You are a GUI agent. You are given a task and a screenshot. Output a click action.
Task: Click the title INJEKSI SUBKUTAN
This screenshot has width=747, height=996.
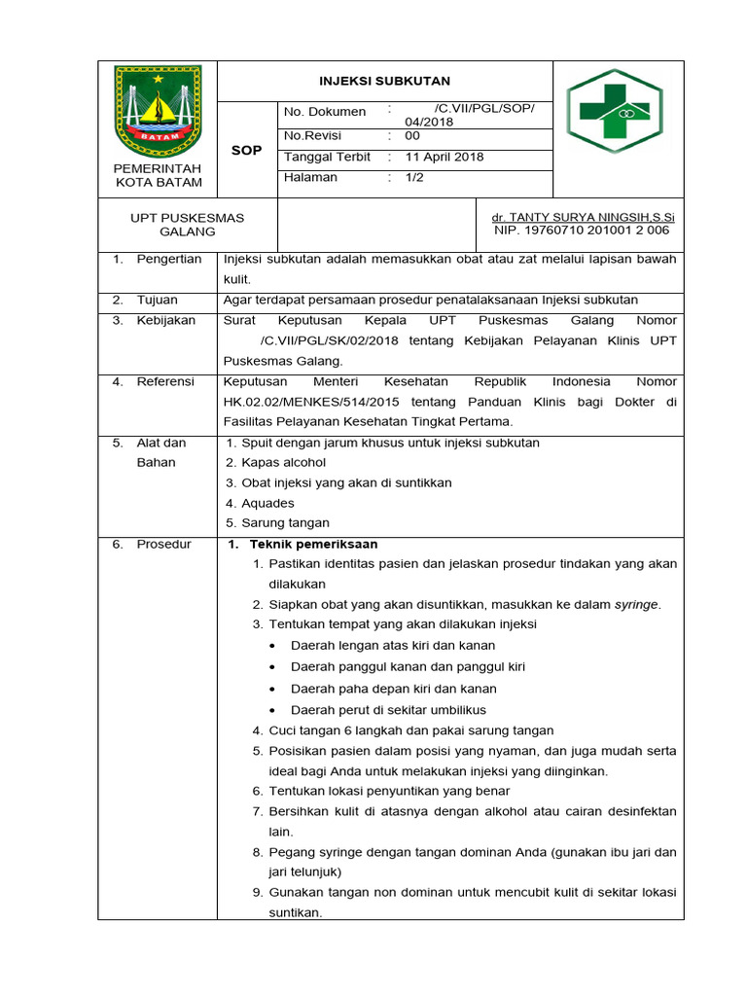[x=385, y=81]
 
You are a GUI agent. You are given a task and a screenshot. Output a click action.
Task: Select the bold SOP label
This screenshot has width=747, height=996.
[x=246, y=151]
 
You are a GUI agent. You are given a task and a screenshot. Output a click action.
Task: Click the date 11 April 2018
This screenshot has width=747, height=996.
[x=445, y=157]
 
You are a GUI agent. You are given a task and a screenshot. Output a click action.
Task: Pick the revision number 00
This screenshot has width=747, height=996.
[x=412, y=136]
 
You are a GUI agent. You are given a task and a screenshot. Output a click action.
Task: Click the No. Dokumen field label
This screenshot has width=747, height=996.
[x=325, y=112]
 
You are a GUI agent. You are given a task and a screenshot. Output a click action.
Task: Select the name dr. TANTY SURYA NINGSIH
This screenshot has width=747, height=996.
[x=584, y=218]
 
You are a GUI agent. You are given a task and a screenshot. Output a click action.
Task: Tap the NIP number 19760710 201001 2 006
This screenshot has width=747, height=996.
[x=582, y=231]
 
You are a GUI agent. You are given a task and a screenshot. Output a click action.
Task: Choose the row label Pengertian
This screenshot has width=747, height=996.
[x=169, y=260]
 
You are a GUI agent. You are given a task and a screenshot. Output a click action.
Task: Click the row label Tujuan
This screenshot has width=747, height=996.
[x=159, y=301]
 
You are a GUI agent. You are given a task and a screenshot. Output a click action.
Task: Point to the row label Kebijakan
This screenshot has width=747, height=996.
[x=166, y=320]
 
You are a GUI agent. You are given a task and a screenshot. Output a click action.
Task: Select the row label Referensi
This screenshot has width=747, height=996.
[x=166, y=382]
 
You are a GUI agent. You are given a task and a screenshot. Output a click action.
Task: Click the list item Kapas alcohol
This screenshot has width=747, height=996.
[x=283, y=463]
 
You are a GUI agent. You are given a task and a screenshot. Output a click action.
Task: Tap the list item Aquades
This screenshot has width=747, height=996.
[x=267, y=503]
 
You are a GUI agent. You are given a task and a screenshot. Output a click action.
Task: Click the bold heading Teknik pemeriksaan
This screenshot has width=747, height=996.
[x=313, y=544]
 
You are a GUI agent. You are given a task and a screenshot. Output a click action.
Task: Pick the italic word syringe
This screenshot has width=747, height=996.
[x=636, y=604]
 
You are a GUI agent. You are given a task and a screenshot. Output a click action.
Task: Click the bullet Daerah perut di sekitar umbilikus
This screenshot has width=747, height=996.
[x=388, y=710]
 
